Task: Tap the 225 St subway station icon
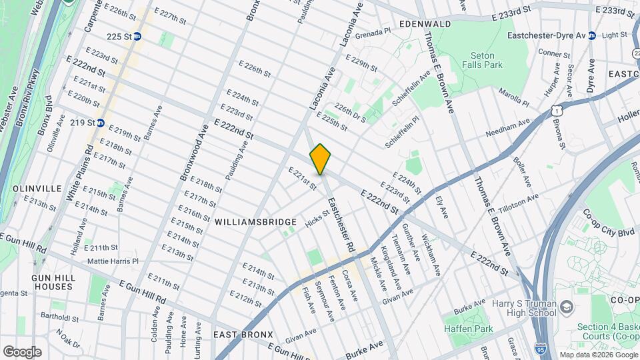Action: click(x=137, y=37)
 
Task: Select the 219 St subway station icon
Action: click(x=101, y=123)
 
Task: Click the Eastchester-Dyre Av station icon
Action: click(x=591, y=36)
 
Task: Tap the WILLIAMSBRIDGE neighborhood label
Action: click(x=255, y=221)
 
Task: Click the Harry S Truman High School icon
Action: click(x=567, y=307)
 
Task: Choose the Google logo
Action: click(x=22, y=351)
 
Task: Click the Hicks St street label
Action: click(x=317, y=217)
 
